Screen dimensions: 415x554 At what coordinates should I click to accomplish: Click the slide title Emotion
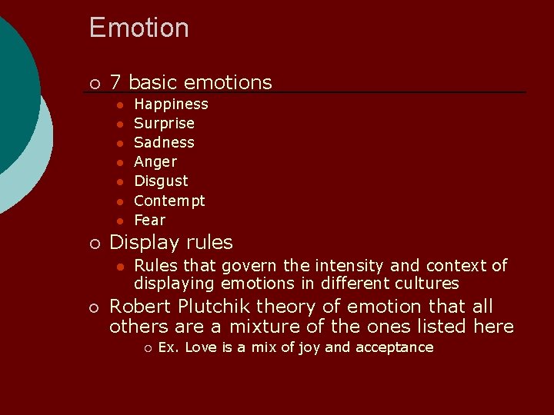click(138, 28)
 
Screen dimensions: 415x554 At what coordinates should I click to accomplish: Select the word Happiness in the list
click(171, 104)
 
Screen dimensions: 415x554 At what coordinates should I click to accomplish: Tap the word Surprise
click(164, 123)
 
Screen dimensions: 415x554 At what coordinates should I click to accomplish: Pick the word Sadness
click(164, 142)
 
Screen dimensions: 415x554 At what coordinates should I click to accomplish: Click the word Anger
click(155, 161)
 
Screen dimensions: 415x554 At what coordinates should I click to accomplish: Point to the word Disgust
click(161, 181)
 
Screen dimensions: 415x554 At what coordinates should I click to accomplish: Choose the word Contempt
click(169, 201)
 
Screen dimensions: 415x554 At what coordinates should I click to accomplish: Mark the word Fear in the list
click(149, 220)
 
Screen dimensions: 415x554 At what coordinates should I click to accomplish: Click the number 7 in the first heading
click(115, 82)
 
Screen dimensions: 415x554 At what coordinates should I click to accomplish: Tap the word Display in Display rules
click(142, 243)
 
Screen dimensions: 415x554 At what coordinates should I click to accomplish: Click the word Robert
click(139, 307)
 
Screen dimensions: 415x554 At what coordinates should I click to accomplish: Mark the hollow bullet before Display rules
click(94, 244)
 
